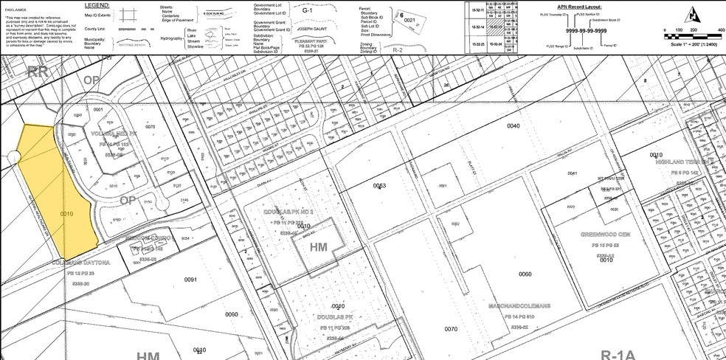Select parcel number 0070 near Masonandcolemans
pos(451,329)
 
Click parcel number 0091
pos(190,280)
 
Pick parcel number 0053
pos(380,184)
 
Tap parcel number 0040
pos(513,126)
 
